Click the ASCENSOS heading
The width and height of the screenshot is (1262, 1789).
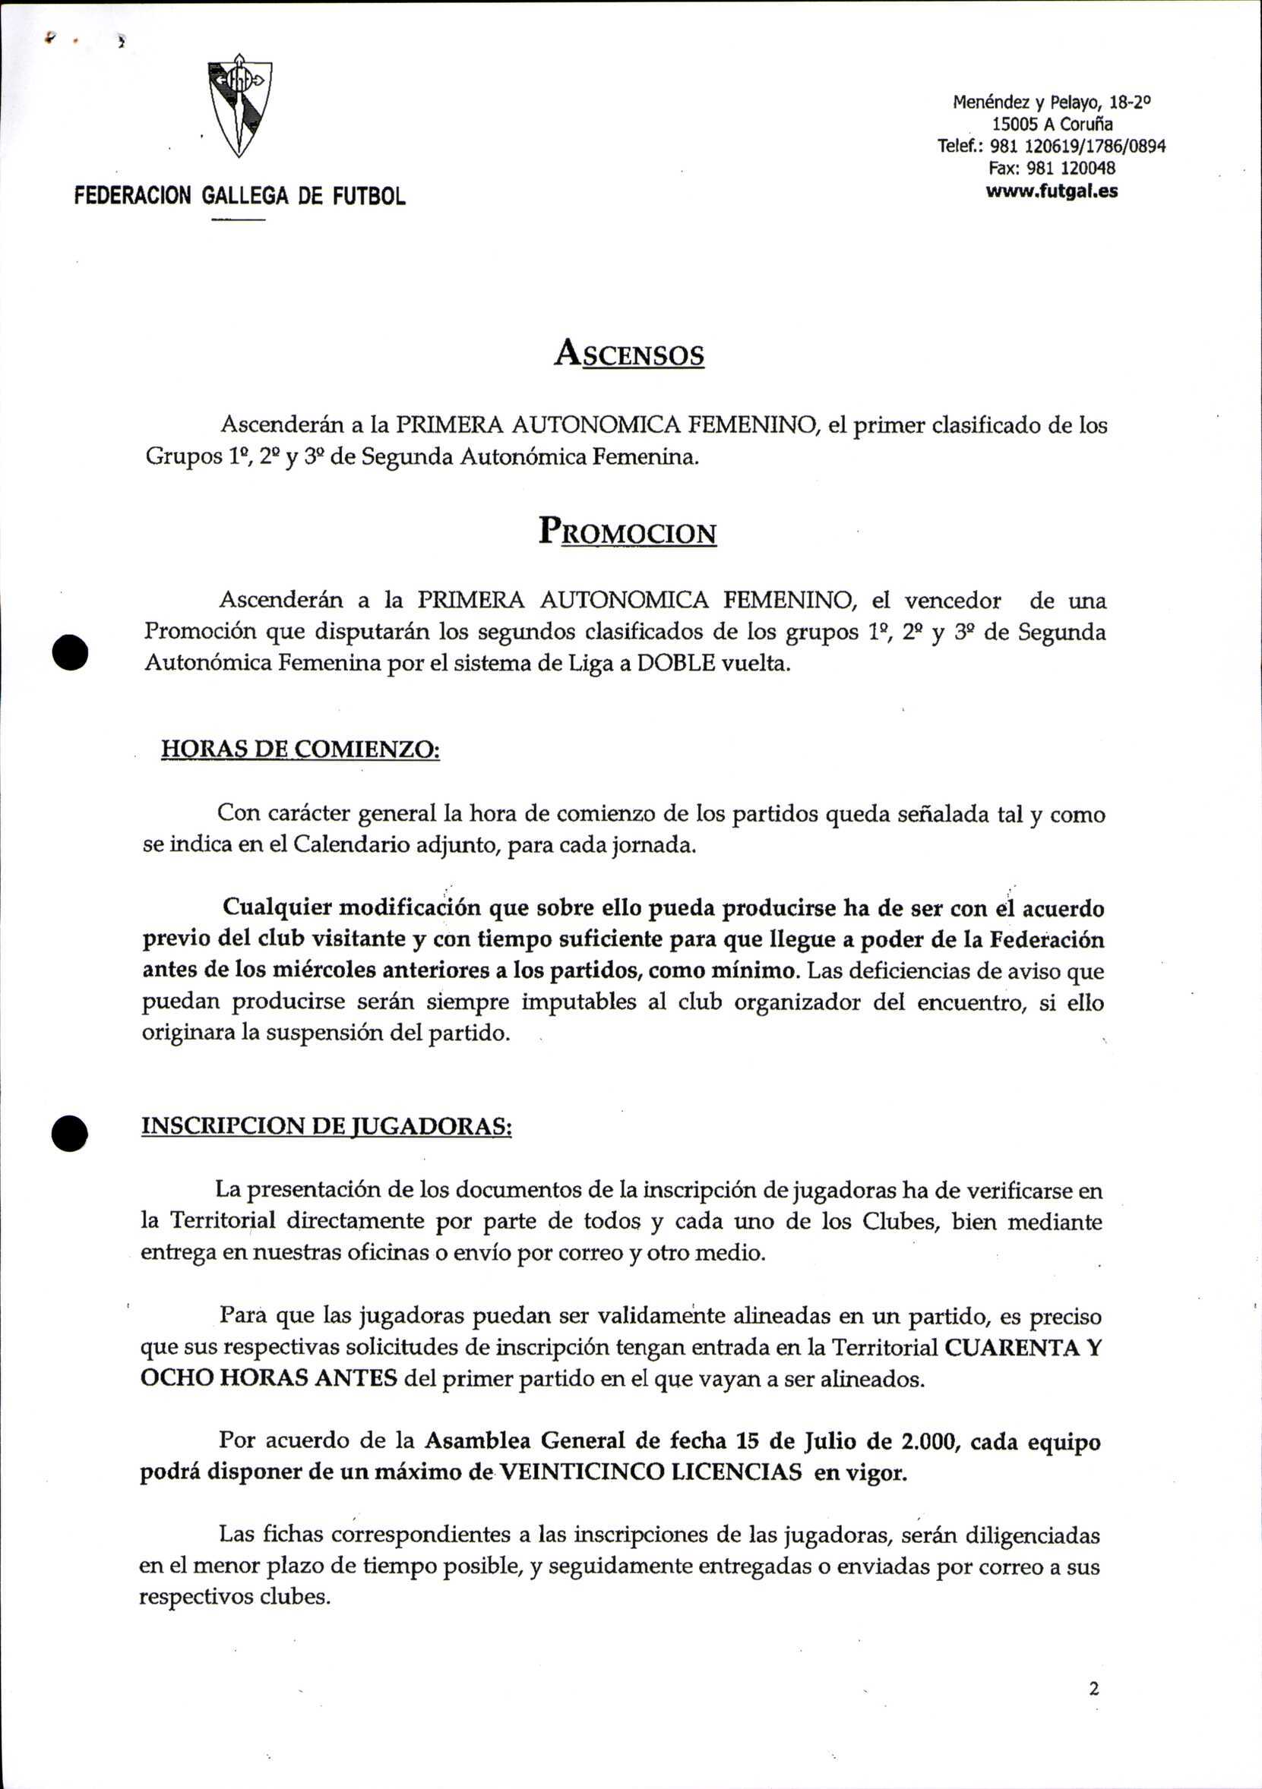[x=629, y=355]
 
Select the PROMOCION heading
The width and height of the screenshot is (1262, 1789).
[x=628, y=533]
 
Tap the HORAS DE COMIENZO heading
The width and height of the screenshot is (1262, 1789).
[x=300, y=749]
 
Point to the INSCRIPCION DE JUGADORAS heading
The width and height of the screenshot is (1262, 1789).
[x=326, y=1126]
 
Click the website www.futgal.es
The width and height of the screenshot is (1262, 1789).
[x=1052, y=191]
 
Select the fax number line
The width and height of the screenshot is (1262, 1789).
[x=1052, y=169]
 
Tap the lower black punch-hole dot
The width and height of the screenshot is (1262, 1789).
[x=70, y=1133]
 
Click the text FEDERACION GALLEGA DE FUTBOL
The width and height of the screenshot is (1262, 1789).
[x=240, y=196]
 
